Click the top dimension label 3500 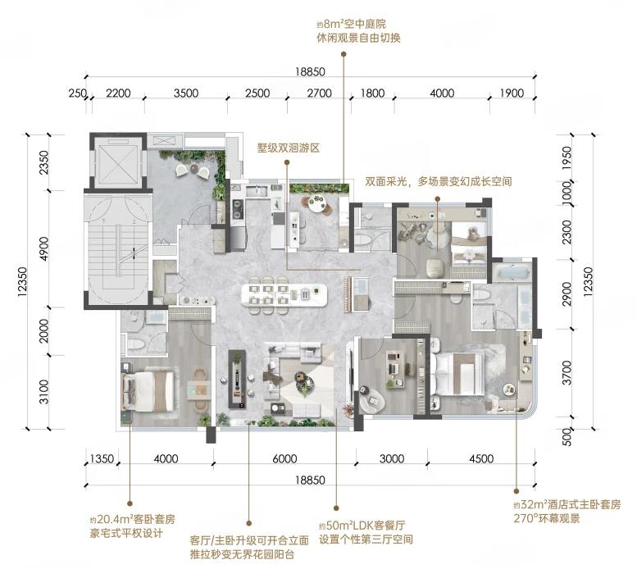[186, 93]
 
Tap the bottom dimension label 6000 [284, 459]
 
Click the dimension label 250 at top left [77, 93]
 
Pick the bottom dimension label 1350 [102, 459]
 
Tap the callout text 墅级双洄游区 [289, 148]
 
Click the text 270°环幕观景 [546, 519]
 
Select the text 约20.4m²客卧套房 [133, 520]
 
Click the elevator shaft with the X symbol [116, 162]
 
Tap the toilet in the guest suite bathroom [136, 346]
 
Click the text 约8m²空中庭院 [351, 24]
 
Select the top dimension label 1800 [372, 93]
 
